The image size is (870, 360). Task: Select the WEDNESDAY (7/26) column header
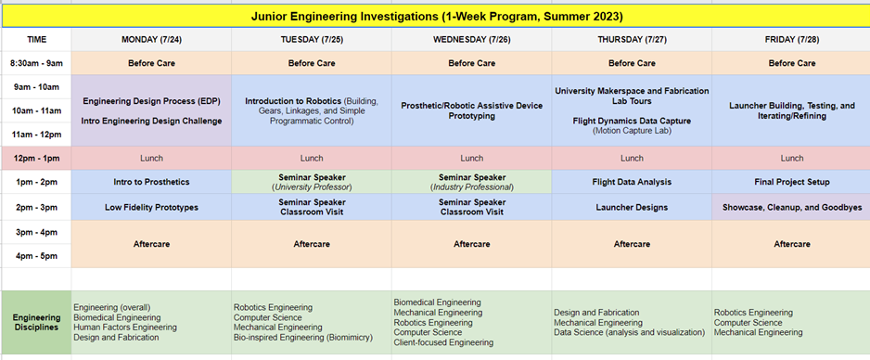pyautogui.click(x=471, y=40)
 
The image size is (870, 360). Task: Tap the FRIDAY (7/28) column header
pyautogui.click(x=791, y=40)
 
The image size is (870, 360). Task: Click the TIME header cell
pyautogui.click(x=36, y=40)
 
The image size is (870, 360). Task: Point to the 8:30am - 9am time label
pyautogui.click(x=36, y=63)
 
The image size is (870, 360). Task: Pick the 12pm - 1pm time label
pyautogui.click(x=36, y=158)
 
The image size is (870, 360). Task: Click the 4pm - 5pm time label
pyautogui.click(x=36, y=256)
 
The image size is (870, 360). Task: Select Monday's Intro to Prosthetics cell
pyautogui.click(x=151, y=182)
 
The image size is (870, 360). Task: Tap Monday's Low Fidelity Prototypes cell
pyautogui.click(x=151, y=208)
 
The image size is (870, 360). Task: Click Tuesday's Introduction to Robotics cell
pyautogui.click(x=312, y=110)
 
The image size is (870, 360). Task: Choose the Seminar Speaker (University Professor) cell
pyautogui.click(x=312, y=182)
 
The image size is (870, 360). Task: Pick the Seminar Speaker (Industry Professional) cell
pyautogui.click(x=471, y=182)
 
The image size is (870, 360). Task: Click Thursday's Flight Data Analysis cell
pyautogui.click(x=632, y=182)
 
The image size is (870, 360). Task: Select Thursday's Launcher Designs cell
pyautogui.click(x=632, y=208)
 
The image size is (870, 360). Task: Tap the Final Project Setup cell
pyautogui.click(x=791, y=182)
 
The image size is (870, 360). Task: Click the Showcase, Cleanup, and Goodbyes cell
pyautogui.click(x=791, y=208)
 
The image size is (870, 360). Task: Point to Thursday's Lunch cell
pyautogui.click(x=632, y=158)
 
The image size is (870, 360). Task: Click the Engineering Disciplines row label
pyautogui.click(x=36, y=322)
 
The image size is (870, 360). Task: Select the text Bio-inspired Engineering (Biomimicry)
pyautogui.click(x=303, y=337)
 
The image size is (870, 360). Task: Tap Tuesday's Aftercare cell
pyautogui.click(x=312, y=244)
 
